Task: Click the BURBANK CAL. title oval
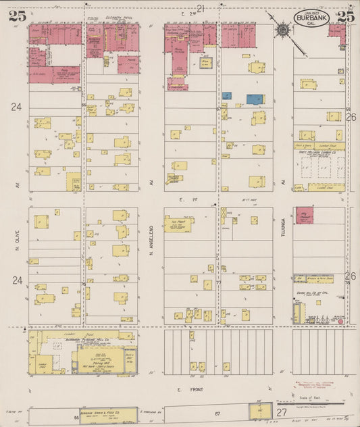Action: (x=311, y=17)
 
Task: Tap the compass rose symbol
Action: (x=282, y=29)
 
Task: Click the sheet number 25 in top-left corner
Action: (x=17, y=17)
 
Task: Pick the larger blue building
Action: (x=255, y=99)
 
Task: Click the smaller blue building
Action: (x=227, y=96)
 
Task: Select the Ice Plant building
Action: (x=178, y=224)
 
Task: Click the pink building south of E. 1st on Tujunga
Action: (x=304, y=216)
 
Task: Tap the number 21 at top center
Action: (x=201, y=8)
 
